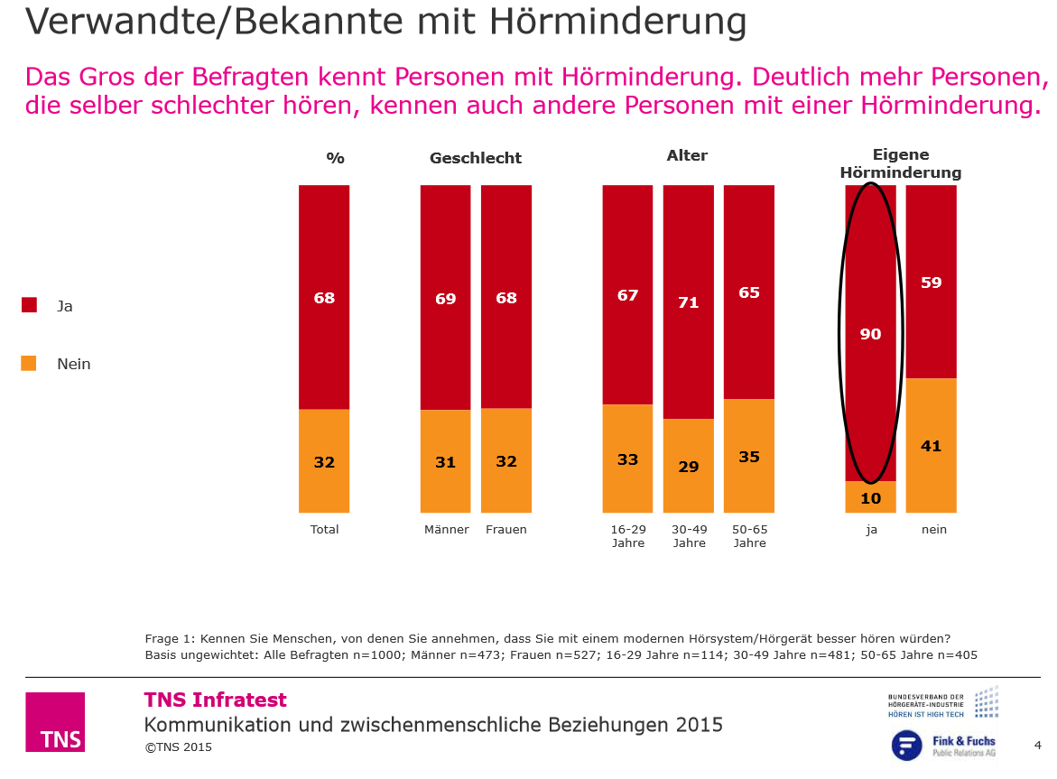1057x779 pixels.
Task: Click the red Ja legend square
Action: pyautogui.click(x=29, y=305)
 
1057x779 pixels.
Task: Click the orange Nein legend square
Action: pyautogui.click(x=29, y=364)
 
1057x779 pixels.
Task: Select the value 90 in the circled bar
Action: pyautogui.click(x=870, y=334)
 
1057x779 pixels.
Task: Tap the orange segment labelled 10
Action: pyautogui.click(x=870, y=497)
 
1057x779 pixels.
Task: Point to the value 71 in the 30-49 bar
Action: pyautogui.click(x=689, y=302)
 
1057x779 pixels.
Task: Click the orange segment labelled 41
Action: pyautogui.click(x=931, y=446)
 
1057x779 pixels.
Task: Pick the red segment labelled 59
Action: pyautogui.click(x=931, y=283)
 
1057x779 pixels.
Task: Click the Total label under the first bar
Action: pyautogui.click(x=324, y=530)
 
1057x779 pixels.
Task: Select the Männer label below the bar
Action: pyautogui.click(x=446, y=530)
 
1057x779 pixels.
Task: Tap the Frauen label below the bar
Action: pyautogui.click(x=506, y=530)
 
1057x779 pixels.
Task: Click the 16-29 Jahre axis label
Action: pyautogui.click(x=627, y=536)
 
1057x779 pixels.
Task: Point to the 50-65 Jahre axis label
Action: pyautogui.click(x=749, y=536)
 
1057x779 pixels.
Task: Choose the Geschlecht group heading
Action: pyautogui.click(x=476, y=158)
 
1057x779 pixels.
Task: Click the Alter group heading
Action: pyautogui.click(x=687, y=155)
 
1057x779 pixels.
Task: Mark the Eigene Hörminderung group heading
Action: pyautogui.click(x=900, y=163)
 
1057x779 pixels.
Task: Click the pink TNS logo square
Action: pyautogui.click(x=55, y=721)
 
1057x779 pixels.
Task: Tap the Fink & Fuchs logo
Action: pyautogui.click(x=943, y=746)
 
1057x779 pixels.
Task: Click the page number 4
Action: pyautogui.click(x=1037, y=745)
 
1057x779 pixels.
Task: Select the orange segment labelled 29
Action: pyautogui.click(x=689, y=466)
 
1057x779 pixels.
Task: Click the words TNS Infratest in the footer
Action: pyautogui.click(x=216, y=700)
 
